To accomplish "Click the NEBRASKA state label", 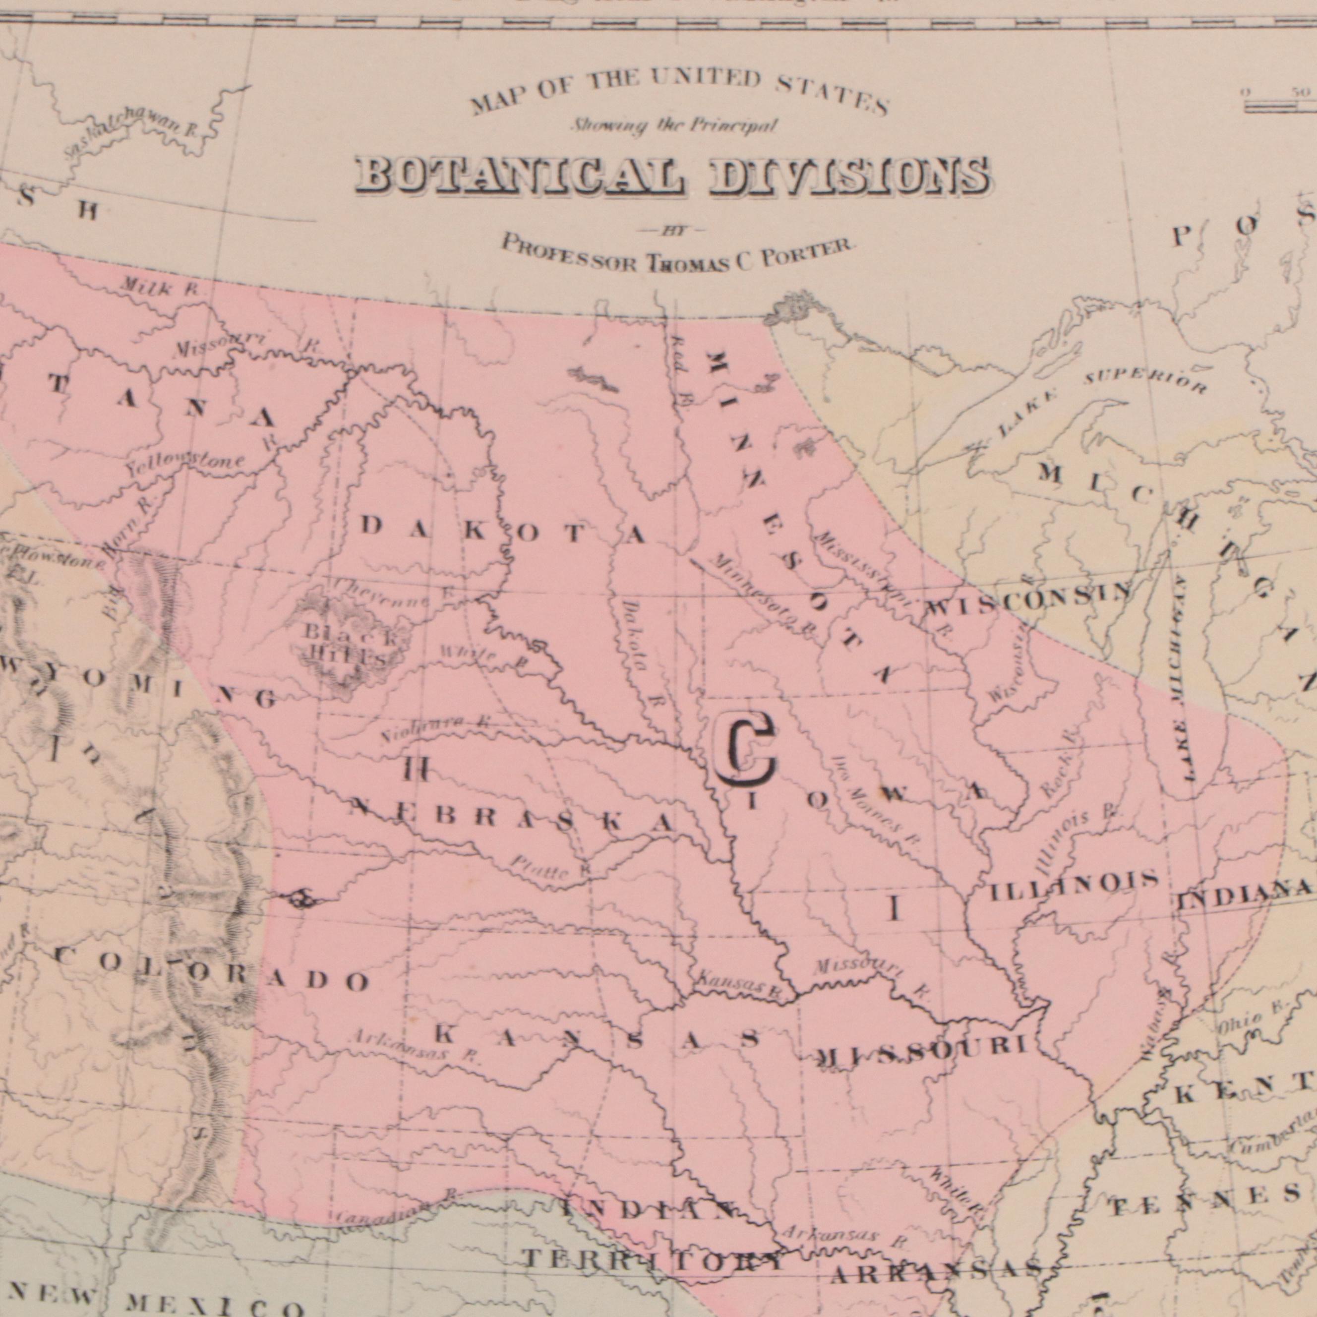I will point(512,818).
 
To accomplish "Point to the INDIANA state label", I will point(1245,893).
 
